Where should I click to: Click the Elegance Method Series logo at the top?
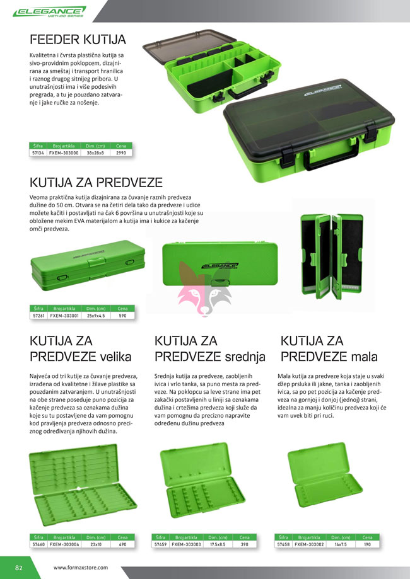(x=49, y=11)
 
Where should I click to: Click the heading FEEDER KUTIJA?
(x=78, y=40)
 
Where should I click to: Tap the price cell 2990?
(x=121, y=153)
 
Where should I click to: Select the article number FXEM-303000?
(x=64, y=153)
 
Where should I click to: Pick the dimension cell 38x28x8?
(x=95, y=153)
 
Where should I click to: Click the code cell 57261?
(x=38, y=316)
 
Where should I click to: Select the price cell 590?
(x=122, y=316)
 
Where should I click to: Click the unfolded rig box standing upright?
(x=332, y=256)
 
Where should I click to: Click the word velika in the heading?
(x=115, y=357)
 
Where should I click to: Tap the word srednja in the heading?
(x=245, y=357)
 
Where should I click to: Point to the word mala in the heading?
(x=364, y=357)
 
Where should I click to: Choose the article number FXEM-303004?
(x=64, y=544)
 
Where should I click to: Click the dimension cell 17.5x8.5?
(x=218, y=544)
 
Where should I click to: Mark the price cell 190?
(x=367, y=544)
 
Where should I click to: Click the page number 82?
(x=19, y=568)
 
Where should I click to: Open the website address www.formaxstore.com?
(x=81, y=568)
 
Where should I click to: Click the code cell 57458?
(x=283, y=544)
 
